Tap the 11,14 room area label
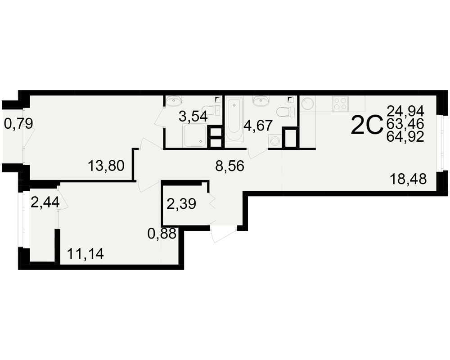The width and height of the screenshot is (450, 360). tap(85, 254)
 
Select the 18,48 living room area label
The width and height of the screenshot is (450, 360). tap(408, 179)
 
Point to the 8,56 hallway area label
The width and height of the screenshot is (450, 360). tap(230, 166)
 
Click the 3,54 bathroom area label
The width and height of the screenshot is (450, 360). tap(193, 117)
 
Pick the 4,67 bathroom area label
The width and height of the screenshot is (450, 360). tap(258, 126)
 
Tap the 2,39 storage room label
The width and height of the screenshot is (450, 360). tap(181, 204)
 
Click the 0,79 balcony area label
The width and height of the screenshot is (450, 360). tap(18, 124)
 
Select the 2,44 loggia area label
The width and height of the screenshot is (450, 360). tap(45, 202)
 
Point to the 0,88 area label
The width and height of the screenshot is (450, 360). tap(162, 234)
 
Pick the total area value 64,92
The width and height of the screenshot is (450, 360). tap(405, 137)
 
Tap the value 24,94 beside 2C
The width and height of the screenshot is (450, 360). tap(405, 111)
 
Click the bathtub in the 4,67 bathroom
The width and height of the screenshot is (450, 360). tap(234, 118)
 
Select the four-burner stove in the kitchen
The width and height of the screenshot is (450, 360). tap(340, 103)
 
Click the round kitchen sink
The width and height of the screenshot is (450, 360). tap(307, 103)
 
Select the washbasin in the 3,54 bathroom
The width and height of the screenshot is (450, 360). tap(174, 101)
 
